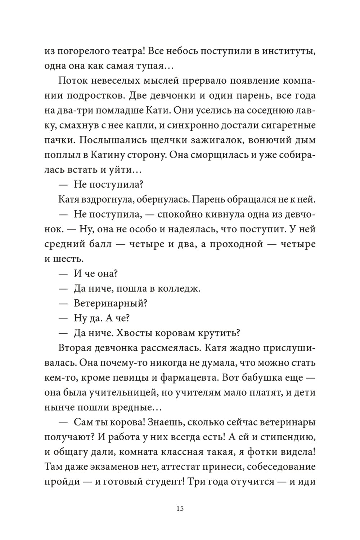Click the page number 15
coord(180,509)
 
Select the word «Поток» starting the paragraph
coord(72,80)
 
